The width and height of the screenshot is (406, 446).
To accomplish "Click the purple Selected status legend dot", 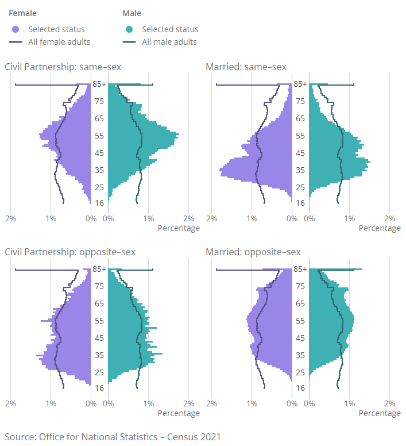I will click(16, 29).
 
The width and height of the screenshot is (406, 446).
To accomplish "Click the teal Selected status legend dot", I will click(129, 29).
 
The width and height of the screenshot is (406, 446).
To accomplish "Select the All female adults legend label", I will click(59, 42).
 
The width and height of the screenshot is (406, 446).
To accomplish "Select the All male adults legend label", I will click(169, 42).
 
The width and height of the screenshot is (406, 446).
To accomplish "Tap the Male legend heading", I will click(132, 13).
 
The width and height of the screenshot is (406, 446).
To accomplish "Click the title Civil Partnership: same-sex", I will click(63, 67).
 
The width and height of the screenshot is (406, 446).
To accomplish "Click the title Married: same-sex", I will click(246, 67).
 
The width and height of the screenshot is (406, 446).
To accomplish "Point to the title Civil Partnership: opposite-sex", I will click(70, 252).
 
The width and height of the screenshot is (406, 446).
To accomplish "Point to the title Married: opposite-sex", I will click(253, 252).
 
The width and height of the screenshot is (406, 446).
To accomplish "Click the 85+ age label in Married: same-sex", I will click(300, 84).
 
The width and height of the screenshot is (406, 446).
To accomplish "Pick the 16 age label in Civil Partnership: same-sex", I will click(99, 203).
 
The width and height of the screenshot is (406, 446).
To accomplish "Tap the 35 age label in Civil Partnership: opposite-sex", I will click(99, 355).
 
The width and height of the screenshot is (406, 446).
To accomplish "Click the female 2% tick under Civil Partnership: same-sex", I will click(10, 218).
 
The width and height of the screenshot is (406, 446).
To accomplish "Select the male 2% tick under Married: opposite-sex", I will click(389, 403).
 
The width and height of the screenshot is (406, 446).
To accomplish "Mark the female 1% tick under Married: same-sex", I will click(252, 218).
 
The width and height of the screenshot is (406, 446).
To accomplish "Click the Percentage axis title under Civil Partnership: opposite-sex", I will click(179, 413).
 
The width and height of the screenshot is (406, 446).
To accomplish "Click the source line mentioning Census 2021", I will click(113, 436).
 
